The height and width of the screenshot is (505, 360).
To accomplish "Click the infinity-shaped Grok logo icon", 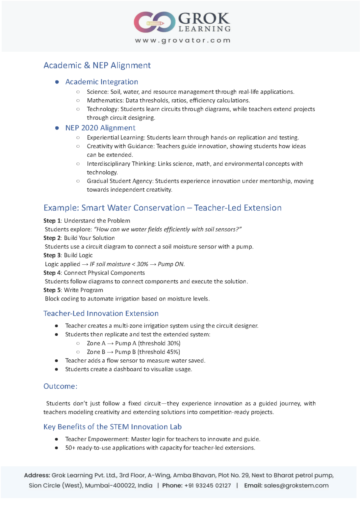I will pos(154,22).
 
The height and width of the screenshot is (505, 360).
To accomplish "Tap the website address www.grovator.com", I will pos(183,40).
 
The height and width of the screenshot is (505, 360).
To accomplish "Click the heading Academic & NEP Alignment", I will pos(97,65).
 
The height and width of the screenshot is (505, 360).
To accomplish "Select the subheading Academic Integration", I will pos(102,82).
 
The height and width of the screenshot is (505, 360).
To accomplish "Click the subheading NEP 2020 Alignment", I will pos(100,128).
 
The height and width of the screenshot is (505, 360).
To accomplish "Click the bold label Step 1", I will pos(52,221).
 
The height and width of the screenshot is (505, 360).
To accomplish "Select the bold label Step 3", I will pos(52,255).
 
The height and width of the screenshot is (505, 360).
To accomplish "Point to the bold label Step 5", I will pos(52,290).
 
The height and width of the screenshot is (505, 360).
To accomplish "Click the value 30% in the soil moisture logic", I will pos(142,264).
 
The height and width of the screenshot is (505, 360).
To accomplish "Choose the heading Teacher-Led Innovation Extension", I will pos(101,314).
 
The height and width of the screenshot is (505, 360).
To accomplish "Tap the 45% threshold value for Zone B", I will pos(173,352).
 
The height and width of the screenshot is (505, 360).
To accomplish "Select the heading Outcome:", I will pos(61,386).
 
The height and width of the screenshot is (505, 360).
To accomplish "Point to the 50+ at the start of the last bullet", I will pos(70,448).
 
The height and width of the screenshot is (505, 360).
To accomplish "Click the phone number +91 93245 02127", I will pos(208,486).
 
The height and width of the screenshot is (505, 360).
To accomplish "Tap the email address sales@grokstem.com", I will pos(296,486).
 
